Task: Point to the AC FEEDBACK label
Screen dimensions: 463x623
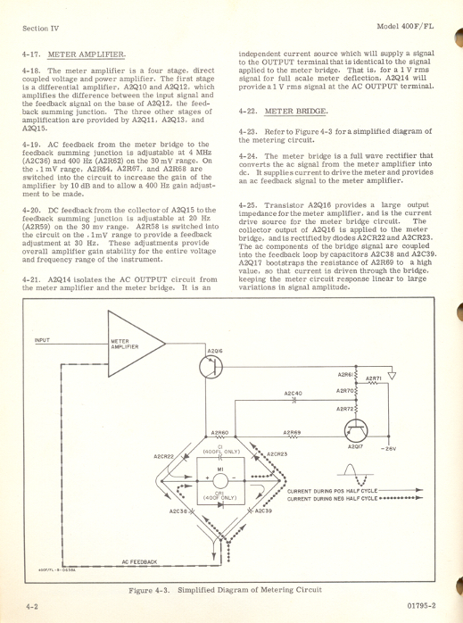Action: (x=139, y=561)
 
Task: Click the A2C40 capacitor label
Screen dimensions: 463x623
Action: (x=294, y=393)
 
